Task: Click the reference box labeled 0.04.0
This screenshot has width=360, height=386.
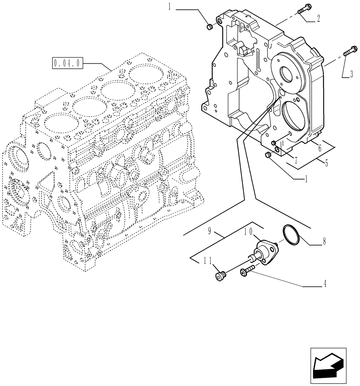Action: [x=67, y=63]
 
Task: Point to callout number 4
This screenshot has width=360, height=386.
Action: [x=325, y=284]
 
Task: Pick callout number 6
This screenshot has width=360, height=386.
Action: [x=320, y=147]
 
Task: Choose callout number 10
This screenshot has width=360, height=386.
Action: [x=248, y=232]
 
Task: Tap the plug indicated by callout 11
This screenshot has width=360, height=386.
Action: [x=221, y=276]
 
